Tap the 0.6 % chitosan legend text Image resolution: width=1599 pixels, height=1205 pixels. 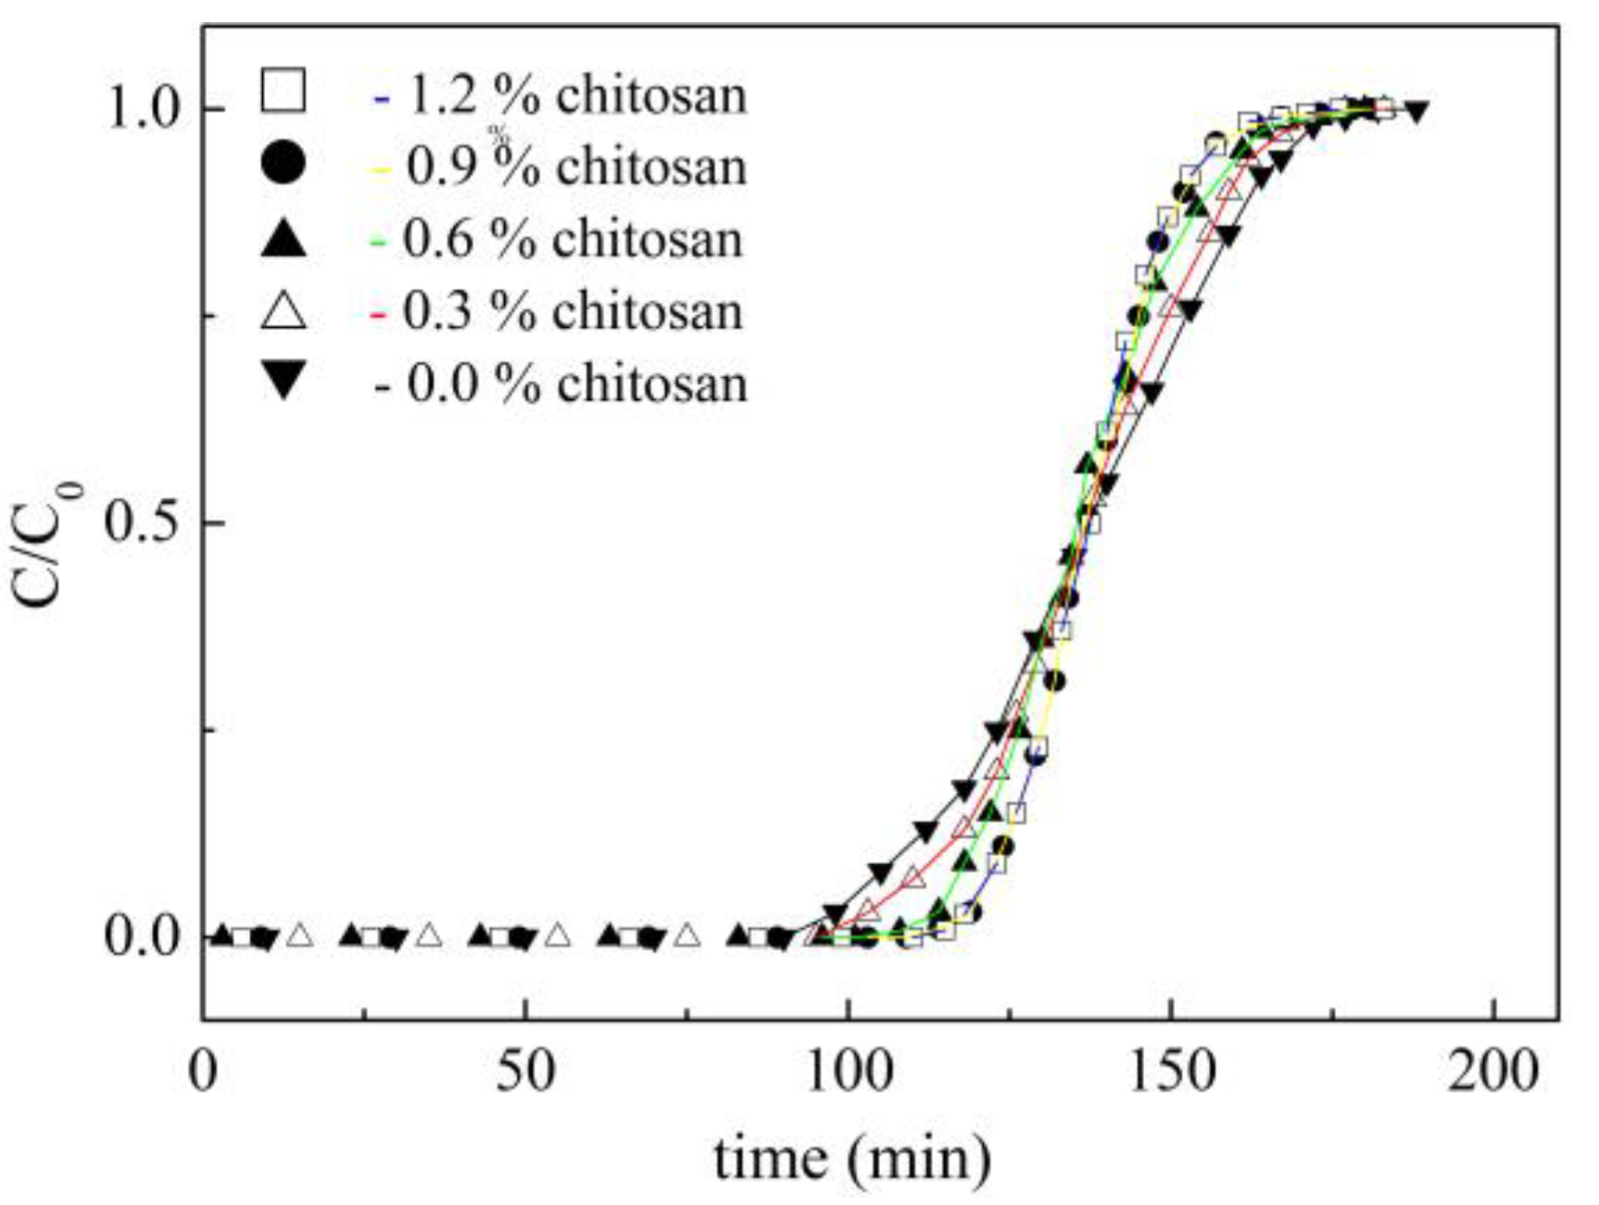[x=573, y=239]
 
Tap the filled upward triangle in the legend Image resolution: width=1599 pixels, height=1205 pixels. [x=283, y=237]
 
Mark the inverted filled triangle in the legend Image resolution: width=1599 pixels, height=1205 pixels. [x=283, y=380]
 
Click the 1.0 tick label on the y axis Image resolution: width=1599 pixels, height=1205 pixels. [x=141, y=108]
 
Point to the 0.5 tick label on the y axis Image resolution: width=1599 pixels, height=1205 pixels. [x=141, y=522]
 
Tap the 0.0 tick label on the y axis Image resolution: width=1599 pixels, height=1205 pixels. [x=141, y=936]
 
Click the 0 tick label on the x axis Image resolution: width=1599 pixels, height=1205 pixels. [x=203, y=1072]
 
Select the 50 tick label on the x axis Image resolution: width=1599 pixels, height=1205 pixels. [x=525, y=1072]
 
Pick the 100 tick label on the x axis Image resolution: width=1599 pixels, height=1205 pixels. [x=849, y=1072]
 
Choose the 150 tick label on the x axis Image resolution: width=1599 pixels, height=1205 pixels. [x=1172, y=1072]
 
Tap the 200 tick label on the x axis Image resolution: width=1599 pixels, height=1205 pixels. [x=1493, y=1072]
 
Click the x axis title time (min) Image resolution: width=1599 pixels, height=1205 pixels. [x=851, y=1158]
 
